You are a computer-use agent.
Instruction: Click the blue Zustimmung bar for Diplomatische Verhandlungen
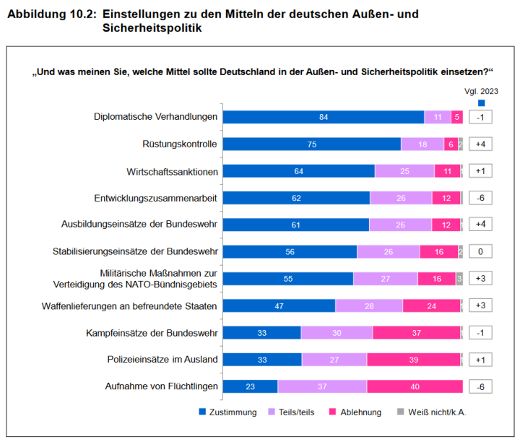(x=323, y=117)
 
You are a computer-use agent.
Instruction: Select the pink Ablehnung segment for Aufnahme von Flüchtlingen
(x=414, y=386)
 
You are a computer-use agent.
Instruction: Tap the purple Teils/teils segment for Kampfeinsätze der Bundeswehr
(x=337, y=332)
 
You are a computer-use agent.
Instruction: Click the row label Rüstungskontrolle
(x=180, y=144)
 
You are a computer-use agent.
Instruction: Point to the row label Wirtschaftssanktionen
(x=171, y=171)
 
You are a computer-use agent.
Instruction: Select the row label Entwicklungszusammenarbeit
(x=156, y=198)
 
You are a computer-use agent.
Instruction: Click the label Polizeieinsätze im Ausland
(x=163, y=359)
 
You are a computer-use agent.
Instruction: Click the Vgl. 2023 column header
(x=481, y=91)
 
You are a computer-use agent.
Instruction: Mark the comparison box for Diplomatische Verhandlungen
(x=480, y=117)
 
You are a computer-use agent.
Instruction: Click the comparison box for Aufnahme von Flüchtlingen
(x=480, y=386)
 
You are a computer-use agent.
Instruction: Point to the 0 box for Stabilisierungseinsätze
(x=480, y=251)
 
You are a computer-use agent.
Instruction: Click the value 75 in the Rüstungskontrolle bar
(x=312, y=144)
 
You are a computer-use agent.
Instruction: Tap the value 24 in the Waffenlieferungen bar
(x=431, y=306)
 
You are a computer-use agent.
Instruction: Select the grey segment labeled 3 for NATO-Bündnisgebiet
(x=459, y=279)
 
